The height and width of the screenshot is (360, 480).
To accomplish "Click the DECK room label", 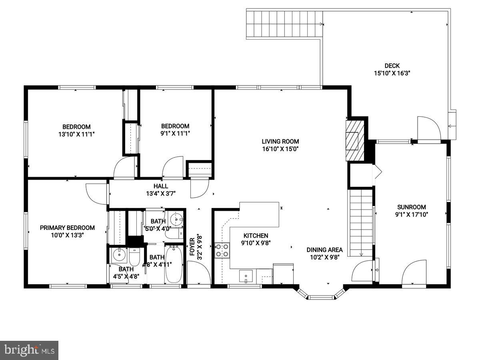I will click(392, 66).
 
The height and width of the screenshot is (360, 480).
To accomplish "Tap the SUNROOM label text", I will click(411, 207).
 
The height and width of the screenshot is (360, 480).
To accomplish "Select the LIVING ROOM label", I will click(280, 141).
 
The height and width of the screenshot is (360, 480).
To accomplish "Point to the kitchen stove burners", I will click(222, 250).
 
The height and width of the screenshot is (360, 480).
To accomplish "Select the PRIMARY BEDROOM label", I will click(67, 228).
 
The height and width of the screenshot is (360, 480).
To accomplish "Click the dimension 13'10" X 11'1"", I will click(76, 134).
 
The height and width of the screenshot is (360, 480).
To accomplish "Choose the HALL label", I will click(161, 186).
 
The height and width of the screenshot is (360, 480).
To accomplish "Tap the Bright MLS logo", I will click(29, 350).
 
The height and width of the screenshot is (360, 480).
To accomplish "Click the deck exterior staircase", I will click(284, 24).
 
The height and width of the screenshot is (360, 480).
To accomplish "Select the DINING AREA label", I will click(325, 250).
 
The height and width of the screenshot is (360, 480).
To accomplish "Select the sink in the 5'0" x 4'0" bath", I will click(176, 219).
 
